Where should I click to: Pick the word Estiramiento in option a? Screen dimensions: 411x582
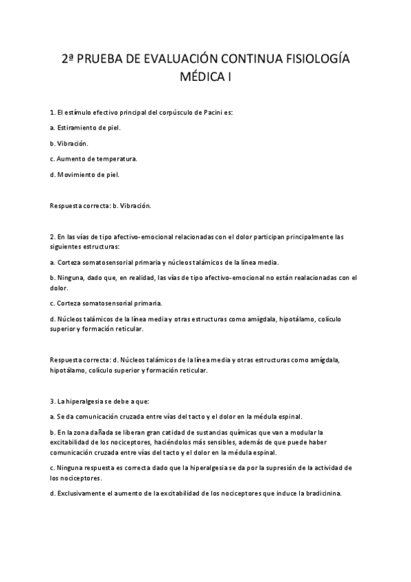point(78,128)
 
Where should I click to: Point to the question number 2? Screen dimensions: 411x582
point(52,237)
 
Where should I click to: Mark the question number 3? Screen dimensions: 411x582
point(52,400)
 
